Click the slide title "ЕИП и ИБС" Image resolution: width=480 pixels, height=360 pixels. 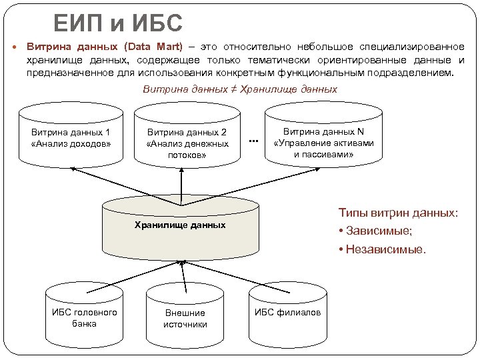(117, 25)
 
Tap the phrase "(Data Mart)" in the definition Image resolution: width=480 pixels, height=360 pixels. (153, 48)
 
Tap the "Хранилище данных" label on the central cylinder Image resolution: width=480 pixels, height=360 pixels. (180, 225)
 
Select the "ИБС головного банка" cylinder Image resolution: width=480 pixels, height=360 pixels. (84, 318)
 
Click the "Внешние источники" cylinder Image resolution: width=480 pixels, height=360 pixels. (185, 319)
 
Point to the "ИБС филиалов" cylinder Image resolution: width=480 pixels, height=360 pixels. (288, 313)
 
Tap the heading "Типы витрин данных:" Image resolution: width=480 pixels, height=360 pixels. (398, 213)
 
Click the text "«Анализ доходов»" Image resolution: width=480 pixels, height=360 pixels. (71, 143)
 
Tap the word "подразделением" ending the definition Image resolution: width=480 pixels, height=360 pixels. (413, 73)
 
